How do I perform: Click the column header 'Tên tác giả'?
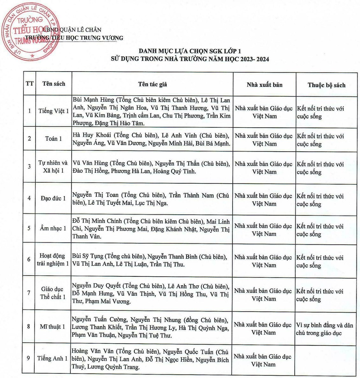[153, 85]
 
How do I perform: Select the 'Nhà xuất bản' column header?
[264, 85]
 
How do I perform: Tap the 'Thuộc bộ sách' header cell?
[326, 85]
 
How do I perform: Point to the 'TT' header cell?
[30, 84]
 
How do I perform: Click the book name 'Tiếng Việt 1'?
[54, 111]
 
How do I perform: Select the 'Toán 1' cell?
[54, 139]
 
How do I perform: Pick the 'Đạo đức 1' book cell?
[53, 198]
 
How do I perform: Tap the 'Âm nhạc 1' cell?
[53, 228]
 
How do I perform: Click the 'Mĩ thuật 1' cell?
[53, 327]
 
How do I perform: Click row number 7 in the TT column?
[29, 293]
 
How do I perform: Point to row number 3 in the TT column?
[29, 167]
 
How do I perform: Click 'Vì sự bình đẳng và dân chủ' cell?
[324, 329]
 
